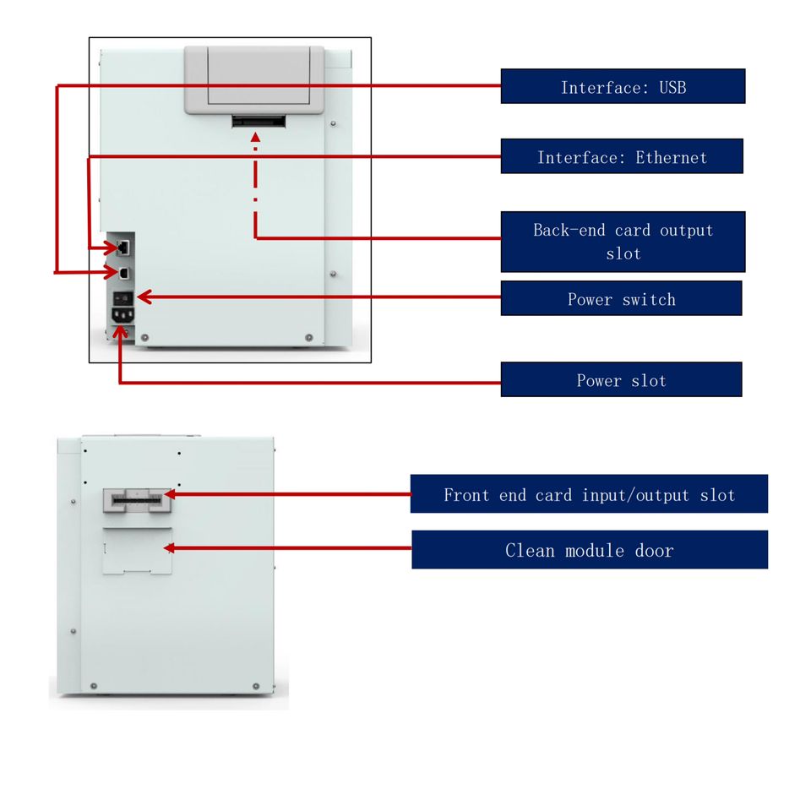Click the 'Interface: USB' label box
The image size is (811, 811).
(x=623, y=86)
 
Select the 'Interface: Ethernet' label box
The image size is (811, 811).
(x=622, y=156)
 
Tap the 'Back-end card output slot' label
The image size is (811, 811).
(x=623, y=242)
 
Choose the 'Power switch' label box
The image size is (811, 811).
(x=621, y=298)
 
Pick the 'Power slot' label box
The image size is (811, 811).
(x=621, y=379)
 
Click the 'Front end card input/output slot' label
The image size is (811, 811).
(x=589, y=494)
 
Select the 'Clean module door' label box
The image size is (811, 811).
(x=590, y=550)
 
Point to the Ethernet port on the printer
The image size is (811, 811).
(x=123, y=248)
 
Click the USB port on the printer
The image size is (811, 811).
(x=124, y=273)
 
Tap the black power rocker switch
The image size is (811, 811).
(x=123, y=298)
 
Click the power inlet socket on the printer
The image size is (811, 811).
(x=123, y=315)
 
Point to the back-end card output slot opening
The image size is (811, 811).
(x=259, y=122)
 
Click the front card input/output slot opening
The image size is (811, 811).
(x=137, y=500)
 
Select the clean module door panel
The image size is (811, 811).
(x=137, y=551)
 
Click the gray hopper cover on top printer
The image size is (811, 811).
(x=254, y=79)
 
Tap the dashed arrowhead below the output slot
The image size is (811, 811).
(x=255, y=137)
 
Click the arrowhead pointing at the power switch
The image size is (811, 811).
(x=144, y=297)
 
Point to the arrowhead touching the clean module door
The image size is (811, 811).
(x=169, y=547)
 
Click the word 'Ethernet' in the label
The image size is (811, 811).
(x=671, y=157)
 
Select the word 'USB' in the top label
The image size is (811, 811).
(x=672, y=87)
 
